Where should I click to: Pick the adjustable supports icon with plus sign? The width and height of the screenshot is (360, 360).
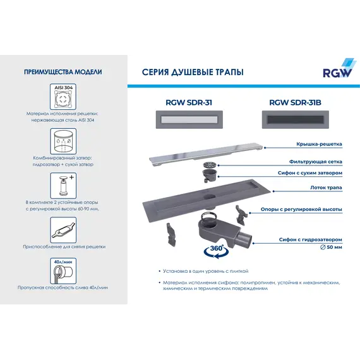click(63, 186)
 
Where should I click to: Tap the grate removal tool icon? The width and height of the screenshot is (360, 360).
click(63, 228)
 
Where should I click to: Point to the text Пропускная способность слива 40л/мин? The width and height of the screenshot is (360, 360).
click(63, 287)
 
